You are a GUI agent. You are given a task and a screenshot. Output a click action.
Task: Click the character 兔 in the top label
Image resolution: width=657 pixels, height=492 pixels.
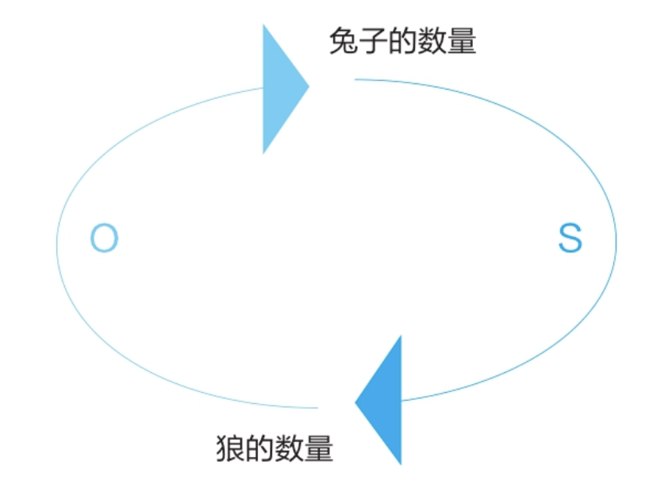pyautogui.click(x=344, y=41)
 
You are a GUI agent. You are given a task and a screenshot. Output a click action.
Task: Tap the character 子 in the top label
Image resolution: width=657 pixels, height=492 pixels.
pyautogui.click(x=373, y=41)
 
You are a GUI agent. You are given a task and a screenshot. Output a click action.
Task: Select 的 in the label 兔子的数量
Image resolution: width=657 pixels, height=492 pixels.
pyautogui.click(x=402, y=41)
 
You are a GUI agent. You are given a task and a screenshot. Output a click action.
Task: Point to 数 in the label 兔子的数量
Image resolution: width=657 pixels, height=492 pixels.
pyautogui.click(x=432, y=41)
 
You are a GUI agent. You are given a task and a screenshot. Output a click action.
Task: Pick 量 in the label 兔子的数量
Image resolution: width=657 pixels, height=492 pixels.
pyautogui.click(x=461, y=41)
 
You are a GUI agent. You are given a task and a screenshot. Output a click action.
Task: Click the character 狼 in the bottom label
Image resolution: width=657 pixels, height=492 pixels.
pyautogui.click(x=230, y=449)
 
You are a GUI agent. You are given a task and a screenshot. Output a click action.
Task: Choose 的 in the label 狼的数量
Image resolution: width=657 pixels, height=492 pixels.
pyautogui.click(x=259, y=449)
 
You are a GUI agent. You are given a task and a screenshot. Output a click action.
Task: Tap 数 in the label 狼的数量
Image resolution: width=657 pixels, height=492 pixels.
pyautogui.click(x=289, y=449)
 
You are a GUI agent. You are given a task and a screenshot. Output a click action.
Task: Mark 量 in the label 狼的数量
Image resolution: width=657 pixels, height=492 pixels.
pyautogui.click(x=318, y=449)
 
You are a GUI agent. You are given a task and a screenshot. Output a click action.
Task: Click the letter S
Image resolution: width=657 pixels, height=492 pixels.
pyautogui.click(x=570, y=238)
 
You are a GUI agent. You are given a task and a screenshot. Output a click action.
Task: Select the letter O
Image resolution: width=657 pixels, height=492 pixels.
pyautogui.click(x=104, y=238)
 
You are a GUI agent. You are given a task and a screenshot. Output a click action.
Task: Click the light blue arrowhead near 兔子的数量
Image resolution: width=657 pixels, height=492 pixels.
pyautogui.click(x=279, y=87)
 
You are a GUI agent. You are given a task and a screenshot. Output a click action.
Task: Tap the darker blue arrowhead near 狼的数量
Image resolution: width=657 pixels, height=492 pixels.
pyautogui.click(x=385, y=401)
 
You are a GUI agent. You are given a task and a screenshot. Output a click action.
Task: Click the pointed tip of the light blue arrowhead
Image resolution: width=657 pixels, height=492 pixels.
pyautogui.click(x=308, y=85)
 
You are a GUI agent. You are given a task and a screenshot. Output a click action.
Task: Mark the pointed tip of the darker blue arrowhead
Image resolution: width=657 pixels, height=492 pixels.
pyautogui.click(x=355, y=402)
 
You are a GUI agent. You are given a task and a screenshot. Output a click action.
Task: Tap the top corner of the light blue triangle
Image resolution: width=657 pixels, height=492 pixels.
pyautogui.click(x=264, y=25)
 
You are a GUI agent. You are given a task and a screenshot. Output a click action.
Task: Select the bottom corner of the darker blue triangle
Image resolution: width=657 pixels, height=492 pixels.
pyautogui.click(x=401, y=463)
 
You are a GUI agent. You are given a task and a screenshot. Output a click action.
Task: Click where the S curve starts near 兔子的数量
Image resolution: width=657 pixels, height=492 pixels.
pyautogui.click(x=355, y=79)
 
